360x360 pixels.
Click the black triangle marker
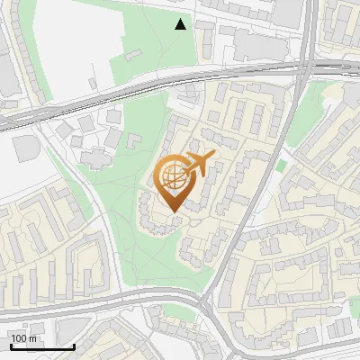click(181, 24)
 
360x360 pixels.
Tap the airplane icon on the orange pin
click(199, 164)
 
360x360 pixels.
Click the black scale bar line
click(42, 347)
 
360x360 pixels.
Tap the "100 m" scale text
click(23, 338)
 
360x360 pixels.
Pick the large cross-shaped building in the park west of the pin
click(94, 153)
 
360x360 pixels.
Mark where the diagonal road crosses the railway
click(304, 69)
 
